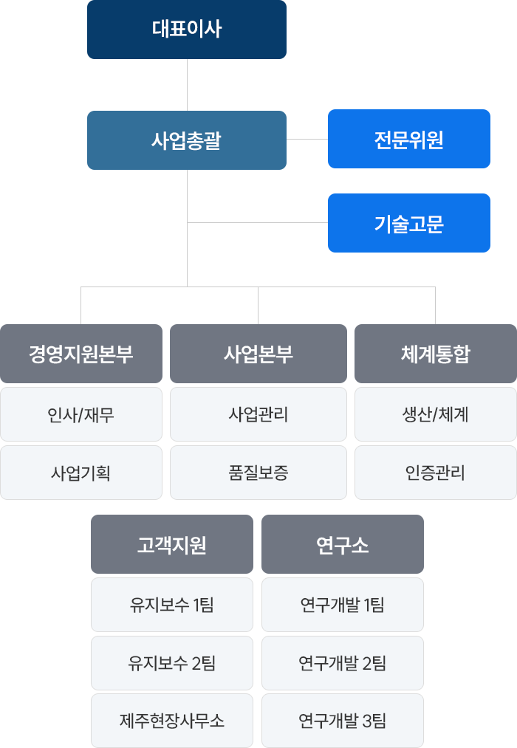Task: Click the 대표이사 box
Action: click(x=186, y=30)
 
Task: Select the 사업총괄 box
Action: click(x=186, y=140)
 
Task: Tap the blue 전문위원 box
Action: click(x=408, y=139)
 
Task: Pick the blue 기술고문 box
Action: click(x=408, y=223)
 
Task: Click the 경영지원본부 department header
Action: click(x=81, y=354)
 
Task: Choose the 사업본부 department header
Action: click(x=258, y=354)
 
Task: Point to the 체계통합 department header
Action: click(x=436, y=354)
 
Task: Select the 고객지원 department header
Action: click(x=171, y=543)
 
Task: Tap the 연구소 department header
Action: click(x=343, y=543)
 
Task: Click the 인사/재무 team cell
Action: click(x=81, y=414)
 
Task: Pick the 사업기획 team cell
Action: click(x=81, y=473)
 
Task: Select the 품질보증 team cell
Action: click(x=258, y=473)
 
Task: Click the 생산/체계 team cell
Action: click(x=436, y=414)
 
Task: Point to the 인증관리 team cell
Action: click(x=436, y=473)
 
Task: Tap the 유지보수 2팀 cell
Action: click(x=171, y=662)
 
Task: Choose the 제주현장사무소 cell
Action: click(x=171, y=721)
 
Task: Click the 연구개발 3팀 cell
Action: click(x=343, y=721)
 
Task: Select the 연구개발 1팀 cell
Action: click(x=343, y=605)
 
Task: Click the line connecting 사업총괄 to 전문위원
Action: click(x=307, y=140)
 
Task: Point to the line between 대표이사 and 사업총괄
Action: click(x=187, y=85)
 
